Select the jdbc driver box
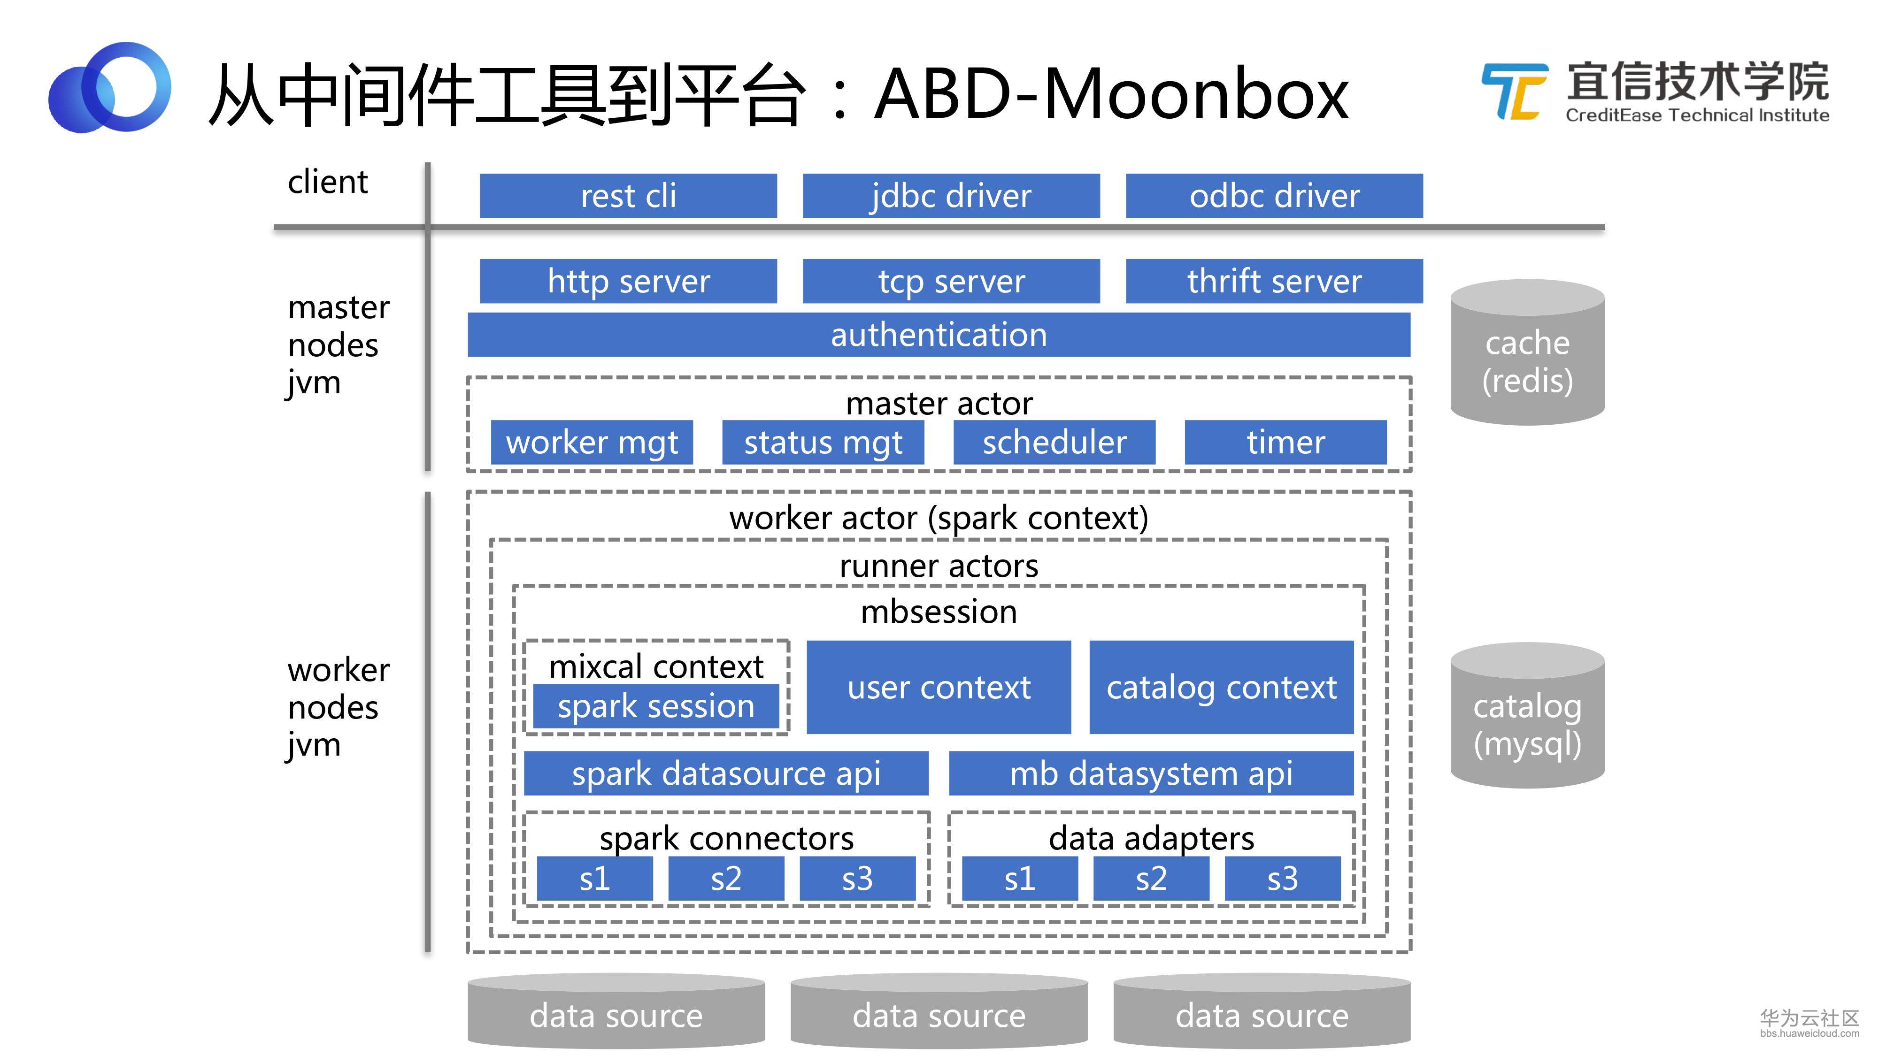click(951, 195)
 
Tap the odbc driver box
click(1274, 195)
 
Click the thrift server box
click(1274, 281)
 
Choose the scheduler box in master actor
click(1054, 442)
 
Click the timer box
click(1285, 442)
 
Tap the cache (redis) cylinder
click(1527, 353)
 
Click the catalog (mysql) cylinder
click(1527, 716)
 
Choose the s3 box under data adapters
click(1282, 878)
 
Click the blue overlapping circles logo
click(109, 87)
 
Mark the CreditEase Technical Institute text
click(1696, 115)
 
